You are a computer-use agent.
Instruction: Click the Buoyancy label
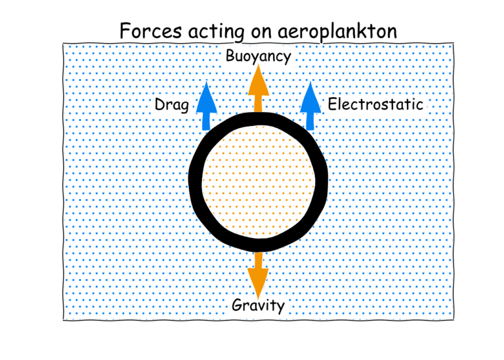tap(258, 56)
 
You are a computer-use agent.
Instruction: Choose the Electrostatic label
tap(375, 104)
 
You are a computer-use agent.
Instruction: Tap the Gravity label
tap(259, 306)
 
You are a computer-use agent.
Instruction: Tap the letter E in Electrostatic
tap(332, 104)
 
